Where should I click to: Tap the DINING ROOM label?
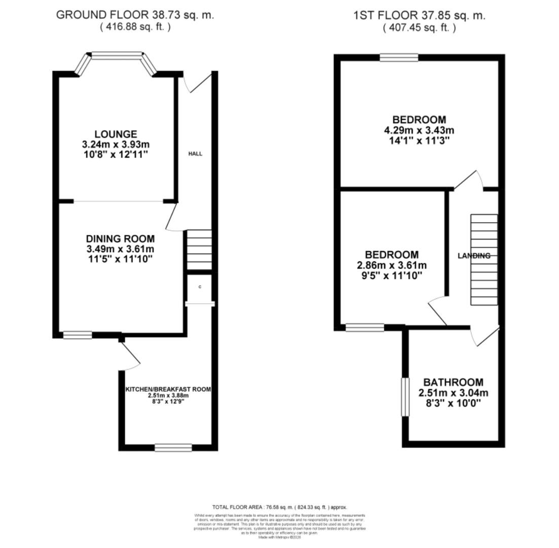[x=120, y=239]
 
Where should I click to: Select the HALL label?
[x=195, y=154]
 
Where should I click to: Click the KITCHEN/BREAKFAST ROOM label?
[x=168, y=389]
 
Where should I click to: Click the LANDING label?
[x=474, y=256]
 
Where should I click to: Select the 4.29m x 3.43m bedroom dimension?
[x=419, y=130]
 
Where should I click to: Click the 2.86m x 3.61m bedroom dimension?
[x=392, y=265]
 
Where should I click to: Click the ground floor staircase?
[x=199, y=250]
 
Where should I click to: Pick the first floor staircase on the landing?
[x=484, y=259]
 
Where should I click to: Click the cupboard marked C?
[x=200, y=288]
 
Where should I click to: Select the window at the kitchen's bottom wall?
[x=173, y=447]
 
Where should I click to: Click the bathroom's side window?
[x=405, y=397]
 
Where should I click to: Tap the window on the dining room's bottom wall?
[x=78, y=335]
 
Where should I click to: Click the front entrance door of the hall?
[x=199, y=83]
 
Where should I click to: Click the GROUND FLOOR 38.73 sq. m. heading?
[x=135, y=15]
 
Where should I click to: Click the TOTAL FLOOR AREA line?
[x=279, y=507]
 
